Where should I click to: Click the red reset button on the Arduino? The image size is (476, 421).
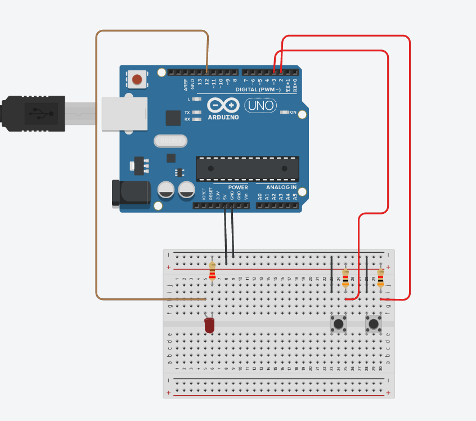(x=137, y=79)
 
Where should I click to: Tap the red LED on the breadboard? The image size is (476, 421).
(x=209, y=325)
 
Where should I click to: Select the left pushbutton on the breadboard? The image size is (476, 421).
(x=339, y=324)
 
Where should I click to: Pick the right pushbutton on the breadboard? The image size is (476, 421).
(x=374, y=324)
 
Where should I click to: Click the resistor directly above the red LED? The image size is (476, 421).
(x=212, y=271)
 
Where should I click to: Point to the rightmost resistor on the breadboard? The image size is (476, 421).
(x=381, y=278)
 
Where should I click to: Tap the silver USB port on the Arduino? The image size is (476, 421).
(x=124, y=114)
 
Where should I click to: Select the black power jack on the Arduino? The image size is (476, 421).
(x=131, y=192)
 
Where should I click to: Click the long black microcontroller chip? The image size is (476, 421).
(x=247, y=168)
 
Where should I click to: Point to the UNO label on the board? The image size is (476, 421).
(x=259, y=105)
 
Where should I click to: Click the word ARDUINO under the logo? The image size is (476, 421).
(x=223, y=117)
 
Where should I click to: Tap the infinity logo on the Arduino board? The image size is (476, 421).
(x=223, y=105)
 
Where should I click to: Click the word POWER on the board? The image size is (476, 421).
(x=238, y=187)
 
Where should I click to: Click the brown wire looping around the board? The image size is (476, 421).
(x=96, y=169)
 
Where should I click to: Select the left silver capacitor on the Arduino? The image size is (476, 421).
(x=166, y=190)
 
